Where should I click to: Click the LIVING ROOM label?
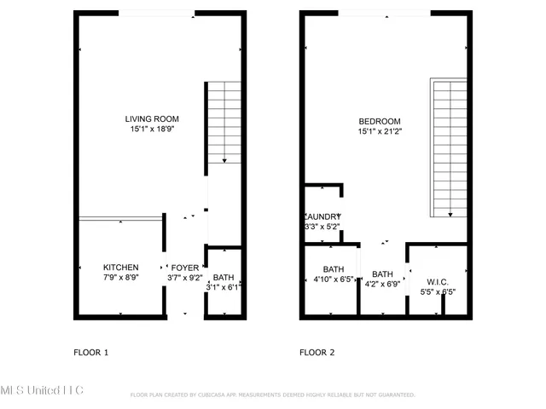[x=152, y=119]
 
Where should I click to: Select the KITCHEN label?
[x=120, y=267]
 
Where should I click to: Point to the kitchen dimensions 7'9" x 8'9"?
[x=120, y=278]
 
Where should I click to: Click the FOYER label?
[x=184, y=267]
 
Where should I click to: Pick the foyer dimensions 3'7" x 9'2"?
[x=184, y=278]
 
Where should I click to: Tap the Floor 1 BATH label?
[x=224, y=278]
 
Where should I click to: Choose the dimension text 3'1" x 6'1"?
[x=224, y=288]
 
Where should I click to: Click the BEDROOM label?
[x=379, y=121]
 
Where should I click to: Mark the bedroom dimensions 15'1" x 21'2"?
[x=379, y=132]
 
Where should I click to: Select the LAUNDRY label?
[x=323, y=216]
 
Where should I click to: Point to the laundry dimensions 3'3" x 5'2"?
[x=323, y=228]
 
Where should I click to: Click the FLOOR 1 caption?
[x=91, y=352]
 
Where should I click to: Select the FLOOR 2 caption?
[x=317, y=352]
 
